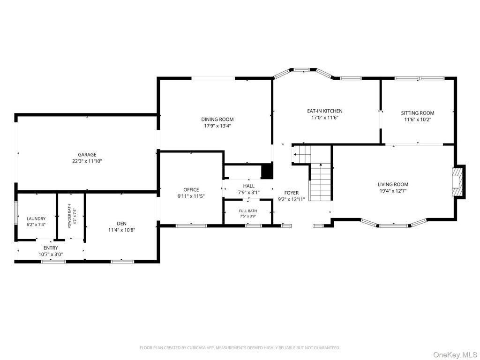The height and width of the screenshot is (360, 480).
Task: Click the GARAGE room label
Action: pos(87,155)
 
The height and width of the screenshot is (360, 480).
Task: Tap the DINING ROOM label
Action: pos(217,120)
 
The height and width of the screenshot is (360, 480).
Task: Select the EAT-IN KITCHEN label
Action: pos(325,111)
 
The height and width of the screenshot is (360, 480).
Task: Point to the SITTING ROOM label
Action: pos(418,113)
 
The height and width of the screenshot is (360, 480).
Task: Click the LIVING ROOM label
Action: pos(393,184)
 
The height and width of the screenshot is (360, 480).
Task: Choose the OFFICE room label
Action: pos(191,190)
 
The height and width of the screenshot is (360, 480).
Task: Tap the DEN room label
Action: pos(121,224)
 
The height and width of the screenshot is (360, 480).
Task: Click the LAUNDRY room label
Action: pos(36,218)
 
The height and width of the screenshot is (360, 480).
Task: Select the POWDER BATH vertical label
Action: pos(69,216)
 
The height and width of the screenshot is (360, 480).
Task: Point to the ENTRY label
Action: pos(51,247)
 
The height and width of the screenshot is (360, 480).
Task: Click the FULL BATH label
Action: pos(248,211)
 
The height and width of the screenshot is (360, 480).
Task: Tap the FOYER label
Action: pos(292,193)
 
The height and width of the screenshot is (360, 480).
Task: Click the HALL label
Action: pos(248,186)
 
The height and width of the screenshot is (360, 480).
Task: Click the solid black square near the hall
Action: pos(267,172)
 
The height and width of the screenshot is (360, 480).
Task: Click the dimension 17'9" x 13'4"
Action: pos(217,126)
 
